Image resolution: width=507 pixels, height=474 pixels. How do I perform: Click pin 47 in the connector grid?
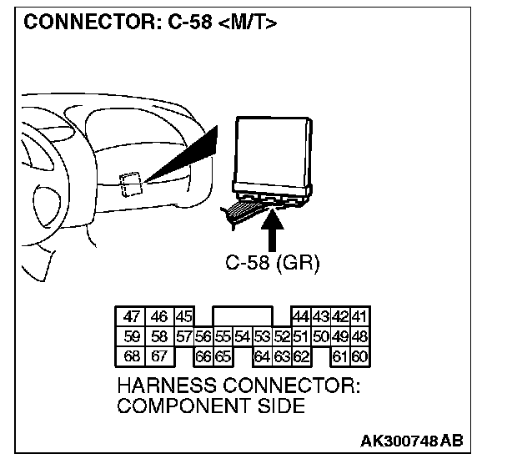132,317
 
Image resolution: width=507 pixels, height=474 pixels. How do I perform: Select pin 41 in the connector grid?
360,317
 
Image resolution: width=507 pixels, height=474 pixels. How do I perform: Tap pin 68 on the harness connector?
132,357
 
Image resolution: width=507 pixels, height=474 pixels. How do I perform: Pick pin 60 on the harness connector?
360,357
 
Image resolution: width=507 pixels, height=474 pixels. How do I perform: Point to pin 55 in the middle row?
222,337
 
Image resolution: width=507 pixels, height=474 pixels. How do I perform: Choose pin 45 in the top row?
183,317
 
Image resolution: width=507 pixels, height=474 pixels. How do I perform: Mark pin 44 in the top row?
301,317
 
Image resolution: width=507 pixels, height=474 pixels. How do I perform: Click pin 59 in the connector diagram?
132,337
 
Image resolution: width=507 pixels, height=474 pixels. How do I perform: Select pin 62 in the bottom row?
301,357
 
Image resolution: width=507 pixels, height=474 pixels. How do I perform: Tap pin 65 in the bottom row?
222,357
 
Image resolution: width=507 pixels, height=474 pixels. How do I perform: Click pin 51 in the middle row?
301,337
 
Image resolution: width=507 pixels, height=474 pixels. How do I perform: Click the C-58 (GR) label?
273,262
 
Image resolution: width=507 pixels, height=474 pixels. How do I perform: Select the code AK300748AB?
413,440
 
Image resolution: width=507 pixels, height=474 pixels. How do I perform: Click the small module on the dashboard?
130,184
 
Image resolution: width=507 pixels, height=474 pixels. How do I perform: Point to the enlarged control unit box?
273,154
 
